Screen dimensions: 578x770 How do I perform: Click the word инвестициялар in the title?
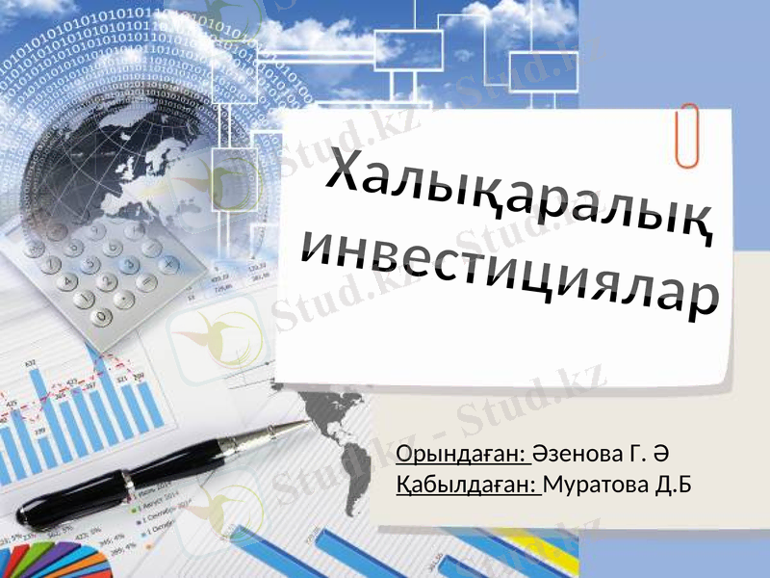tap(510, 270)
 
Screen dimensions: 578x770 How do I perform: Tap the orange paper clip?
tap(686, 136)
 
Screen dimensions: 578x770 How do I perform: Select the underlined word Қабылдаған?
tap(470, 482)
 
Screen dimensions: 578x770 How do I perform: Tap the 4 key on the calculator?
tap(69, 282)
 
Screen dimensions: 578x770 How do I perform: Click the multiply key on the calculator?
tap(169, 262)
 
